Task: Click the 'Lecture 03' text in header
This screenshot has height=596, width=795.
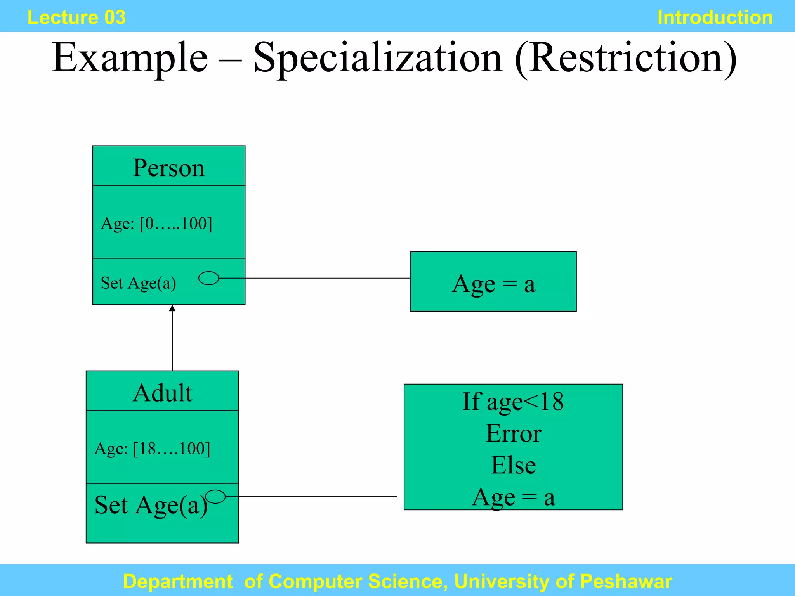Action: (76, 17)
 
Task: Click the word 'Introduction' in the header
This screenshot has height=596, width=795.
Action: (715, 17)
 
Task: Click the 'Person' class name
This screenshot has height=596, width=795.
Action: (168, 168)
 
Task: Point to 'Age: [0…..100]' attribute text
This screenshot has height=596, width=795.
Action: (156, 223)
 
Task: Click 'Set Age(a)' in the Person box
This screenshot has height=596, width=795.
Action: (138, 283)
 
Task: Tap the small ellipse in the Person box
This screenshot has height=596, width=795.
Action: (209, 278)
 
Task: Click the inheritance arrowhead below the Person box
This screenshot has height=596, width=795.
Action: (172, 308)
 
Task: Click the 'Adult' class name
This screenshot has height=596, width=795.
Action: (162, 393)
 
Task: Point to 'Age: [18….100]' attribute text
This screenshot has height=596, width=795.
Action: (152, 449)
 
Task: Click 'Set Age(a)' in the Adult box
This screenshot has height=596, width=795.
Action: (151, 505)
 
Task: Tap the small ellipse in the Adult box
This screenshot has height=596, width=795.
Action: (215, 496)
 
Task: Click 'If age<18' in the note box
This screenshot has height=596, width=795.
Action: (513, 402)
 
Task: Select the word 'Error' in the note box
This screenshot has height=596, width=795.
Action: (513, 433)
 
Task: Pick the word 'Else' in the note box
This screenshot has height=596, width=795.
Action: (513, 465)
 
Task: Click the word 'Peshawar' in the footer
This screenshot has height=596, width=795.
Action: (626, 581)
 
